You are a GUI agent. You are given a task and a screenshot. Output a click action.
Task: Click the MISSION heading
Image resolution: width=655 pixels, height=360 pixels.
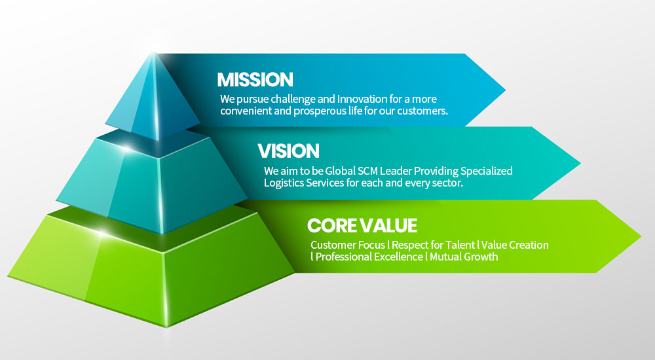tap(255, 80)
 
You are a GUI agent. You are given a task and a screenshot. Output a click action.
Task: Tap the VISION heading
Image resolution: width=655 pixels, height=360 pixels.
tap(288, 151)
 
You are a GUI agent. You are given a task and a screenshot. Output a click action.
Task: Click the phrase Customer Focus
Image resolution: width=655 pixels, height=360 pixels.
tap(348, 245)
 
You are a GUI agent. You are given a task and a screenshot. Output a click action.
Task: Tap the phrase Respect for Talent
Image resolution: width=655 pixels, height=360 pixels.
tap(433, 245)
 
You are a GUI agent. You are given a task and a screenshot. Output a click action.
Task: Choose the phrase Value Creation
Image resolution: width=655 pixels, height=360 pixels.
tap(515, 245)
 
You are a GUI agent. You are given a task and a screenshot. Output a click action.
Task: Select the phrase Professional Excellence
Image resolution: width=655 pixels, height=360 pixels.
tap(369, 257)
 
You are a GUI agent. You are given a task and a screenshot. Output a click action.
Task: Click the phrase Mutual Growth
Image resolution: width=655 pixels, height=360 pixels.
tap(464, 257)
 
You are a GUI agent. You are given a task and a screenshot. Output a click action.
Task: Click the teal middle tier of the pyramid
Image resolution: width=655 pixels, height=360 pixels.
tap(153, 184)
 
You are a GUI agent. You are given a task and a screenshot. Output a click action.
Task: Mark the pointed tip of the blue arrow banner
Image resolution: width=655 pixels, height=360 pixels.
tap(506, 90)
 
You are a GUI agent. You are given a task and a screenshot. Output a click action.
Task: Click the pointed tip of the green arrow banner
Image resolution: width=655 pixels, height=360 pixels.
tap(641, 236)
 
